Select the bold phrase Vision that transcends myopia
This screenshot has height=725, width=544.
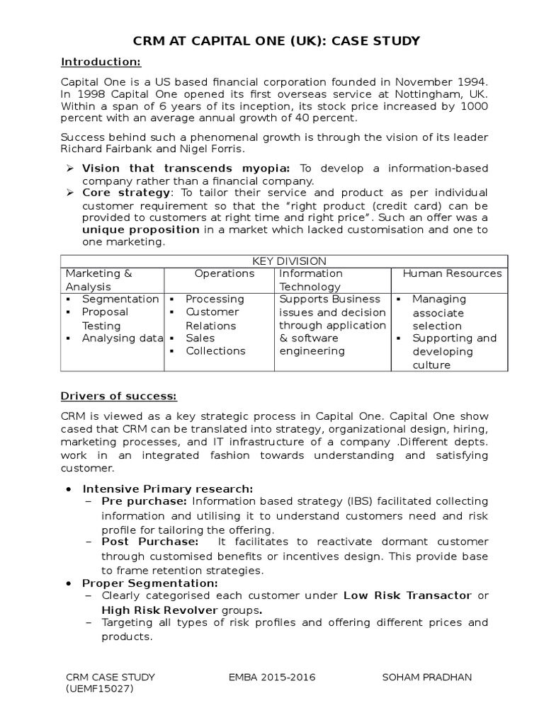pos(186,168)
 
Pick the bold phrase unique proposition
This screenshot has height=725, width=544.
pos(141,230)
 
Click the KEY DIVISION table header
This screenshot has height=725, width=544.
pos(284,261)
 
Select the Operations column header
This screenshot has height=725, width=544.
pos(225,273)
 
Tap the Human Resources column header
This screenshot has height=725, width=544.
pos(452,273)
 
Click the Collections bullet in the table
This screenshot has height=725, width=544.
pos(215,351)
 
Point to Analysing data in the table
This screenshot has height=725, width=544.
pos(122,338)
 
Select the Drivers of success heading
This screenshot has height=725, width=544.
pos(119,395)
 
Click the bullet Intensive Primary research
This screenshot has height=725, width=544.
pos(167,489)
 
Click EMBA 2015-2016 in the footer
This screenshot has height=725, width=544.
pos(272,677)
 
